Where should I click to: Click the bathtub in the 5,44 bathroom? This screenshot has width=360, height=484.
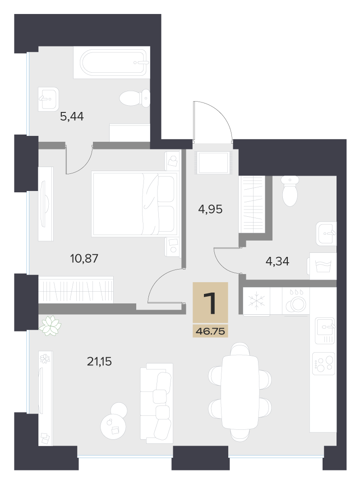click(113, 63)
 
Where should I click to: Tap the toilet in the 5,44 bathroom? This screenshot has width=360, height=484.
click(135, 98)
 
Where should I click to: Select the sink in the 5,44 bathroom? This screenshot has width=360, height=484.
click(48, 99)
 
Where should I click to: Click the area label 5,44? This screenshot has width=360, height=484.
click(72, 116)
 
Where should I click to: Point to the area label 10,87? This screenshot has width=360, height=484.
click(84, 258)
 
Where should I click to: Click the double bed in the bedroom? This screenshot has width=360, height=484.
click(134, 205)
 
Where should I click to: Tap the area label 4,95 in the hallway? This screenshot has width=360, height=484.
click(210, 209)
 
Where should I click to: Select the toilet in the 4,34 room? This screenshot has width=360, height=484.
click(290, 191)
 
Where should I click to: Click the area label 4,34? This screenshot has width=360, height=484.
click(277, 261)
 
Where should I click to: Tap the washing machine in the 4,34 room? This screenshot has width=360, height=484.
click(323, 266)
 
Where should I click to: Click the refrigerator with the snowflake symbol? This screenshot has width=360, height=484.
click(257, 302)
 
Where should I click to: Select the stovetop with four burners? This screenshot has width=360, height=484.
click(324, 363)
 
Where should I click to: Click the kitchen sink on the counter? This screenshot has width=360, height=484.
click(325, 330)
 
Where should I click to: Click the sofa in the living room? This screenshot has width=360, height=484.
click(157, 401)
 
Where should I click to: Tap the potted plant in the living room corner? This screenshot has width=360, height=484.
click(50, 326)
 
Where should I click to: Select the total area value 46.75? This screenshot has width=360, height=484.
click(210, 331)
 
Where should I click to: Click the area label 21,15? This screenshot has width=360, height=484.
click(99, 361)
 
